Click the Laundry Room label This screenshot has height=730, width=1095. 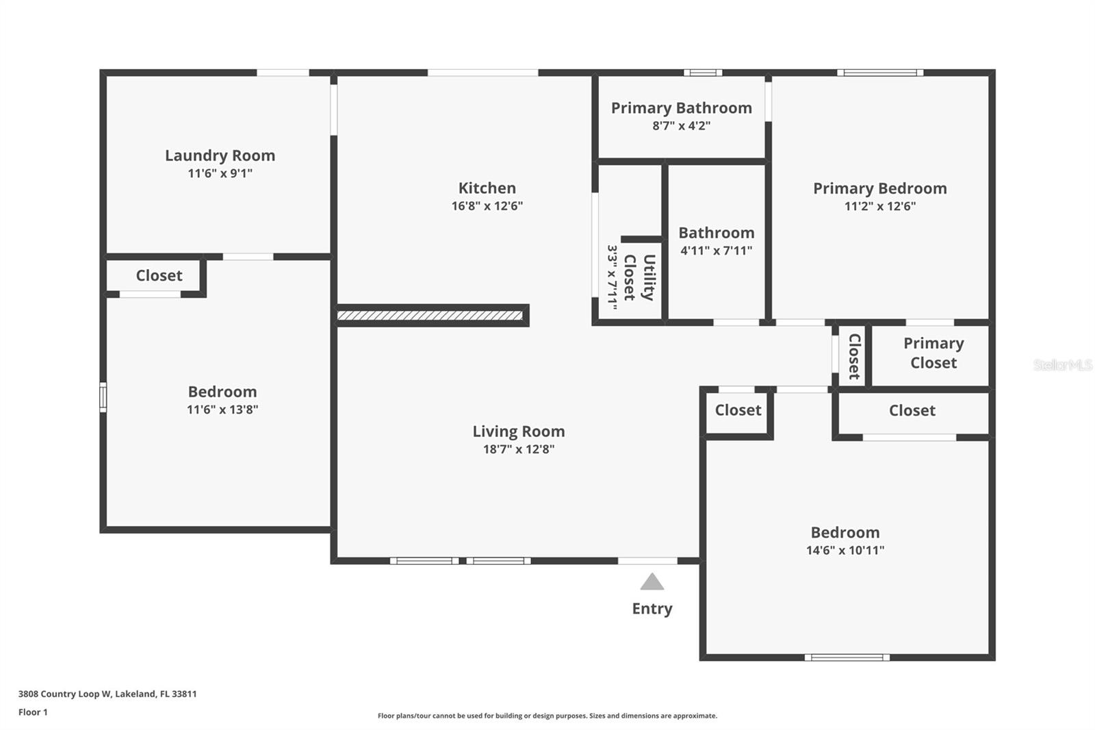pos(220,155)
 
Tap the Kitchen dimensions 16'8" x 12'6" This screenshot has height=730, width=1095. pos(487,205)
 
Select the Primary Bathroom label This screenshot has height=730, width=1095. pos(681,108)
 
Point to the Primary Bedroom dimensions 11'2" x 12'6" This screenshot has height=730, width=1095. pos(879,206)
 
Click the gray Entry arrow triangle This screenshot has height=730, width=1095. pos(652,582)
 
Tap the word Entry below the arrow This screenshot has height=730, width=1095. pos(652,609)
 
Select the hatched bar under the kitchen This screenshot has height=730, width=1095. pos(430,316)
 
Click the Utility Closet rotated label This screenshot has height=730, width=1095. pos(639,277)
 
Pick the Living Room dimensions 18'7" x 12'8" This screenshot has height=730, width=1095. pos(518,449)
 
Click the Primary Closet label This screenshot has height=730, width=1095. pos(933,353)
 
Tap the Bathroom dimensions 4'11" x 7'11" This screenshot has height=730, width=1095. pos(716,251)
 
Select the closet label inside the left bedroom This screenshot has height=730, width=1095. pos(159,275)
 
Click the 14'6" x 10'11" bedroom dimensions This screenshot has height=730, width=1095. pos(845,550)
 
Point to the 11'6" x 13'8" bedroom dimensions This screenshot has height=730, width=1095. pos(222,410)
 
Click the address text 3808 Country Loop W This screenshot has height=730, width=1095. pos(64,694)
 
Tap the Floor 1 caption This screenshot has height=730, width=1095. pos(33,712)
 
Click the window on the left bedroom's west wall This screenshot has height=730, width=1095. pos(103,397)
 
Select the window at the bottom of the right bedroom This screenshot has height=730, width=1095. pos(847,657)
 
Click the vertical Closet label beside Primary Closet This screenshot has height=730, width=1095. pos(854,356)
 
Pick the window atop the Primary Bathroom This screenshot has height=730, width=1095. pos(702,73)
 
